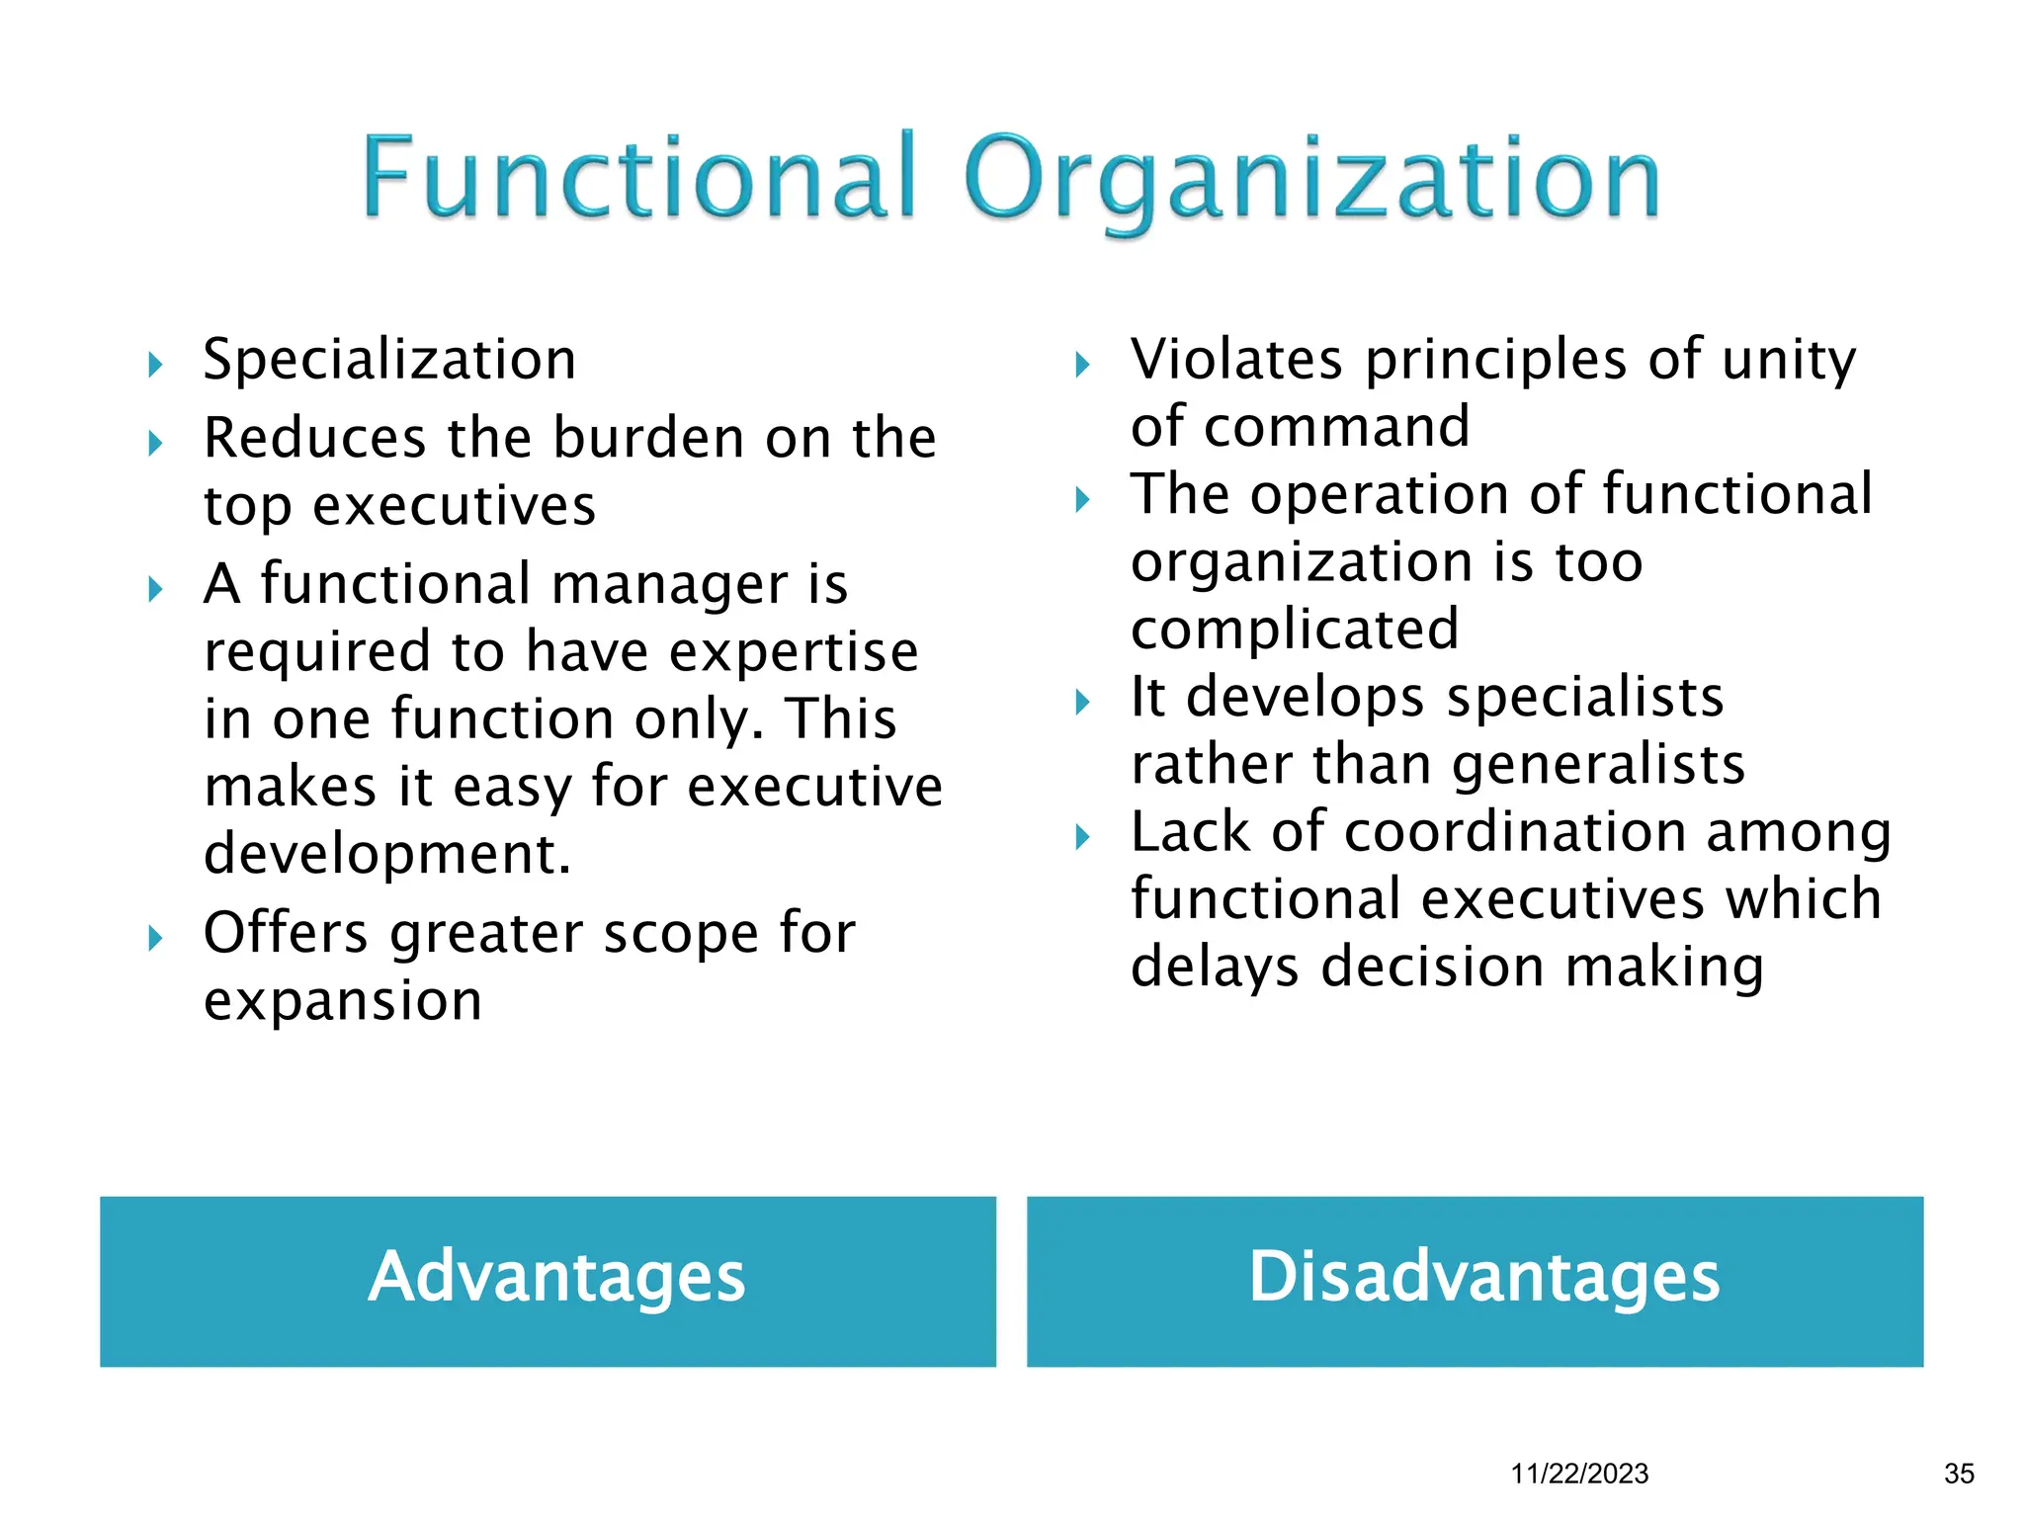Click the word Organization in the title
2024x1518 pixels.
tap(1311, 180)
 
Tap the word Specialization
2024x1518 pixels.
tap(389, 360)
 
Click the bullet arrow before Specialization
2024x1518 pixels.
tap(155, 366)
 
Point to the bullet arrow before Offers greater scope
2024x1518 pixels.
tap(155, 938)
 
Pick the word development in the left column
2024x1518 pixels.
tap(386, 854)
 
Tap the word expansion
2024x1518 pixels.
tap(343, 1001)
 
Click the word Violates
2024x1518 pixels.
tap(1236, 360)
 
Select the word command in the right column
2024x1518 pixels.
tap(1337, 427)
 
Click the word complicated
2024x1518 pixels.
tap(1294, 630)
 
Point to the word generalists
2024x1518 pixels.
tap(1598, 765)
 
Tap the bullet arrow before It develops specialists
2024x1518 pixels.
tap(1083, 703)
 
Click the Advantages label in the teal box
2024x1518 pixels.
tap(556, 1278)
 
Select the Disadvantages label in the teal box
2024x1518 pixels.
tap(1484, 1278)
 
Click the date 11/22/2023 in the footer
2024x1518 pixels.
tap(1579, 1474)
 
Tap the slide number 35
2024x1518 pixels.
tap(1959, 1474)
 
